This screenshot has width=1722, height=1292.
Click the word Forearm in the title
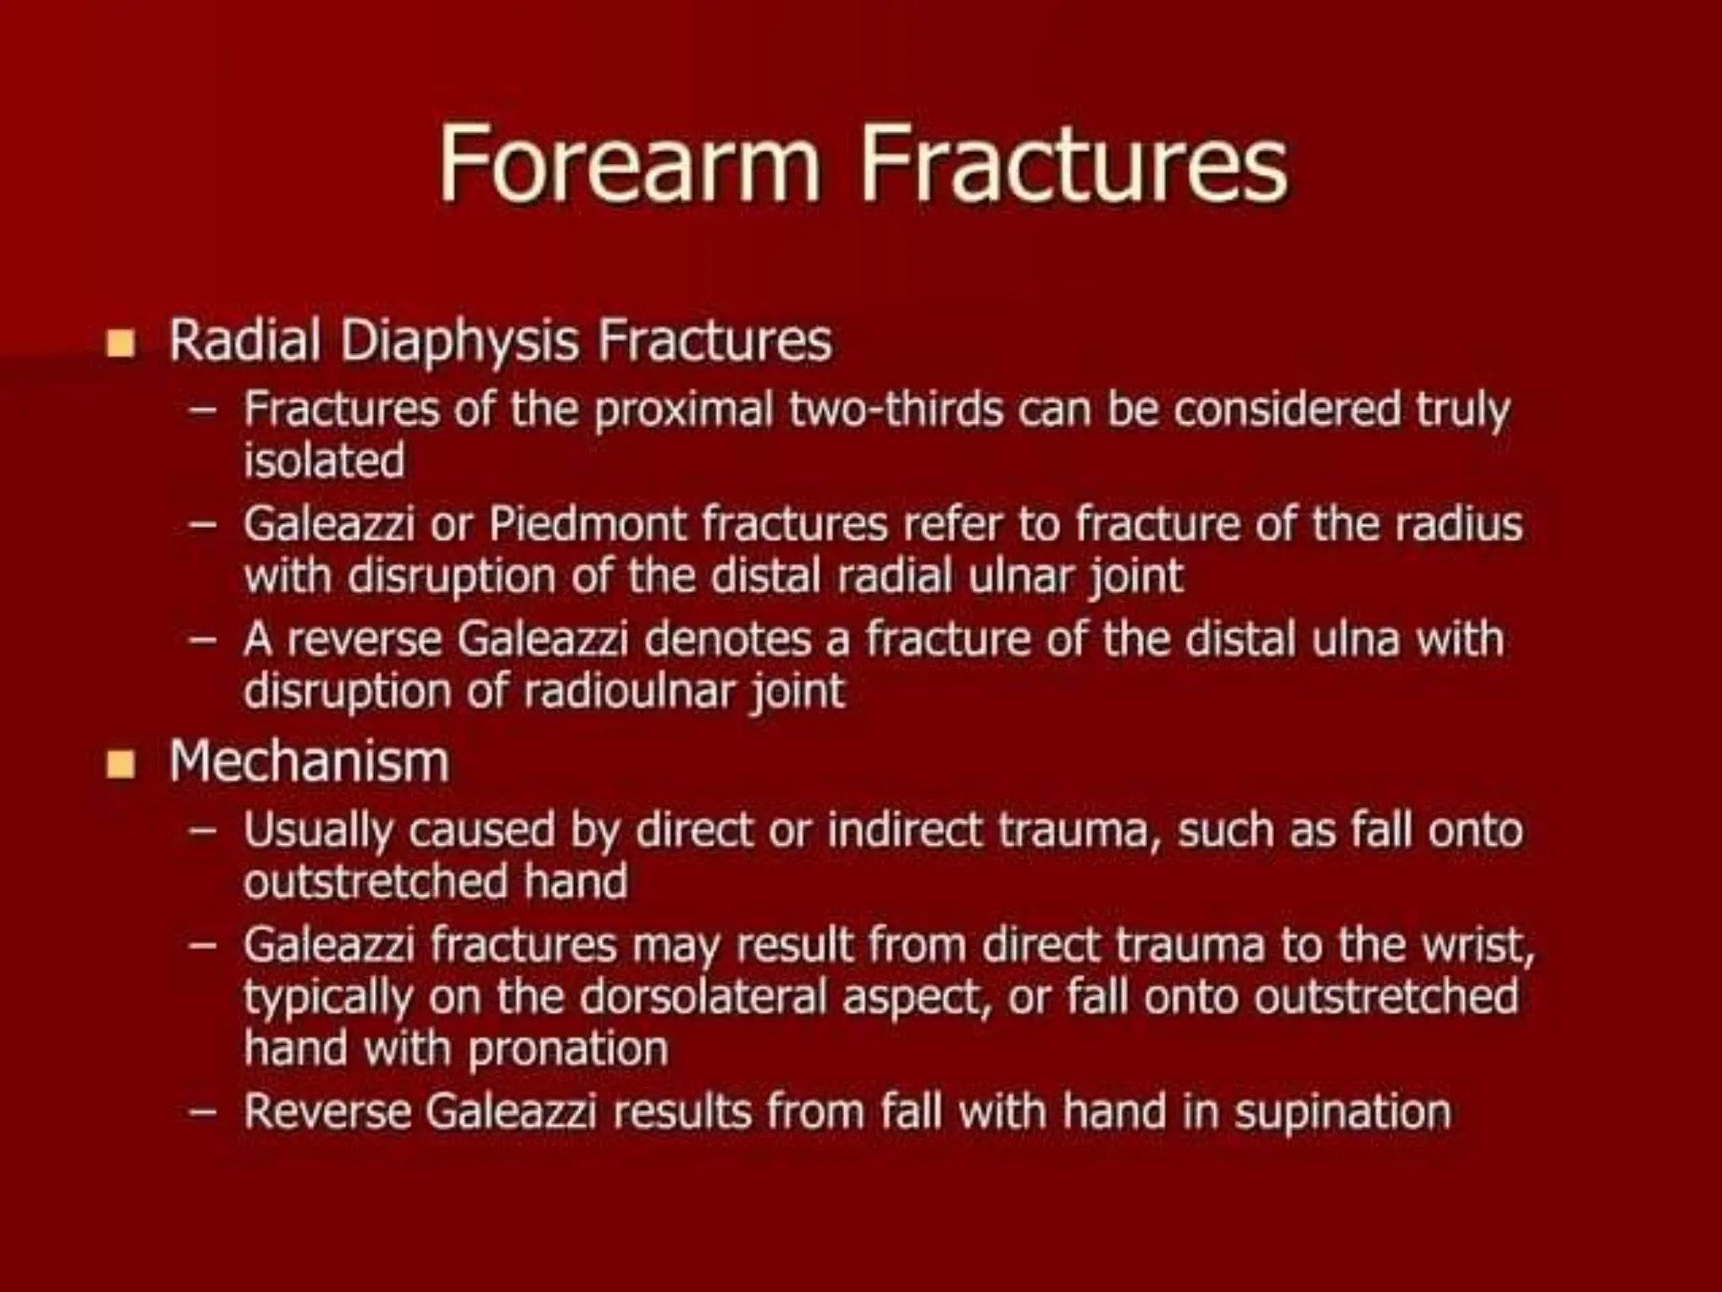tap(629, 163)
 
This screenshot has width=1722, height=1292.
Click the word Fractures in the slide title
tap(1073, 163)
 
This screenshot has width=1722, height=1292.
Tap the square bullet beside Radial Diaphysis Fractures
tap(121, 344)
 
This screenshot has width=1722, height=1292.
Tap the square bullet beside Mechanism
tap(121, 764)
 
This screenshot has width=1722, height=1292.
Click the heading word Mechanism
tap(309, 762)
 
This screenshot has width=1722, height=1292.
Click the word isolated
tap(324, 461)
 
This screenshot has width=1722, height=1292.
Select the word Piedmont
tap(588, 525)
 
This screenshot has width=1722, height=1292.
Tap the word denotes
tap(728, 639)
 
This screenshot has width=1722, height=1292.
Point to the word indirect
tap(905, 830)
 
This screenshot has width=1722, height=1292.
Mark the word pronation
tap(568, 1049)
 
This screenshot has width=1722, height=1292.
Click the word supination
tap(1343, 1112)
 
